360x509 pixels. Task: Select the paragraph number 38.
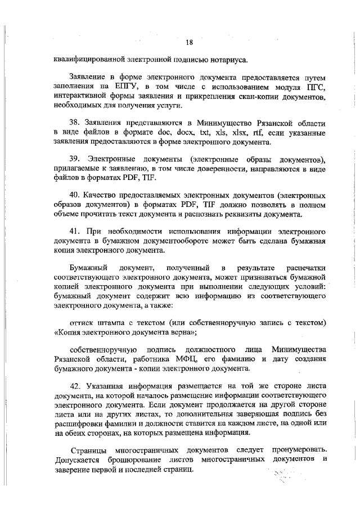pos(75,123)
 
